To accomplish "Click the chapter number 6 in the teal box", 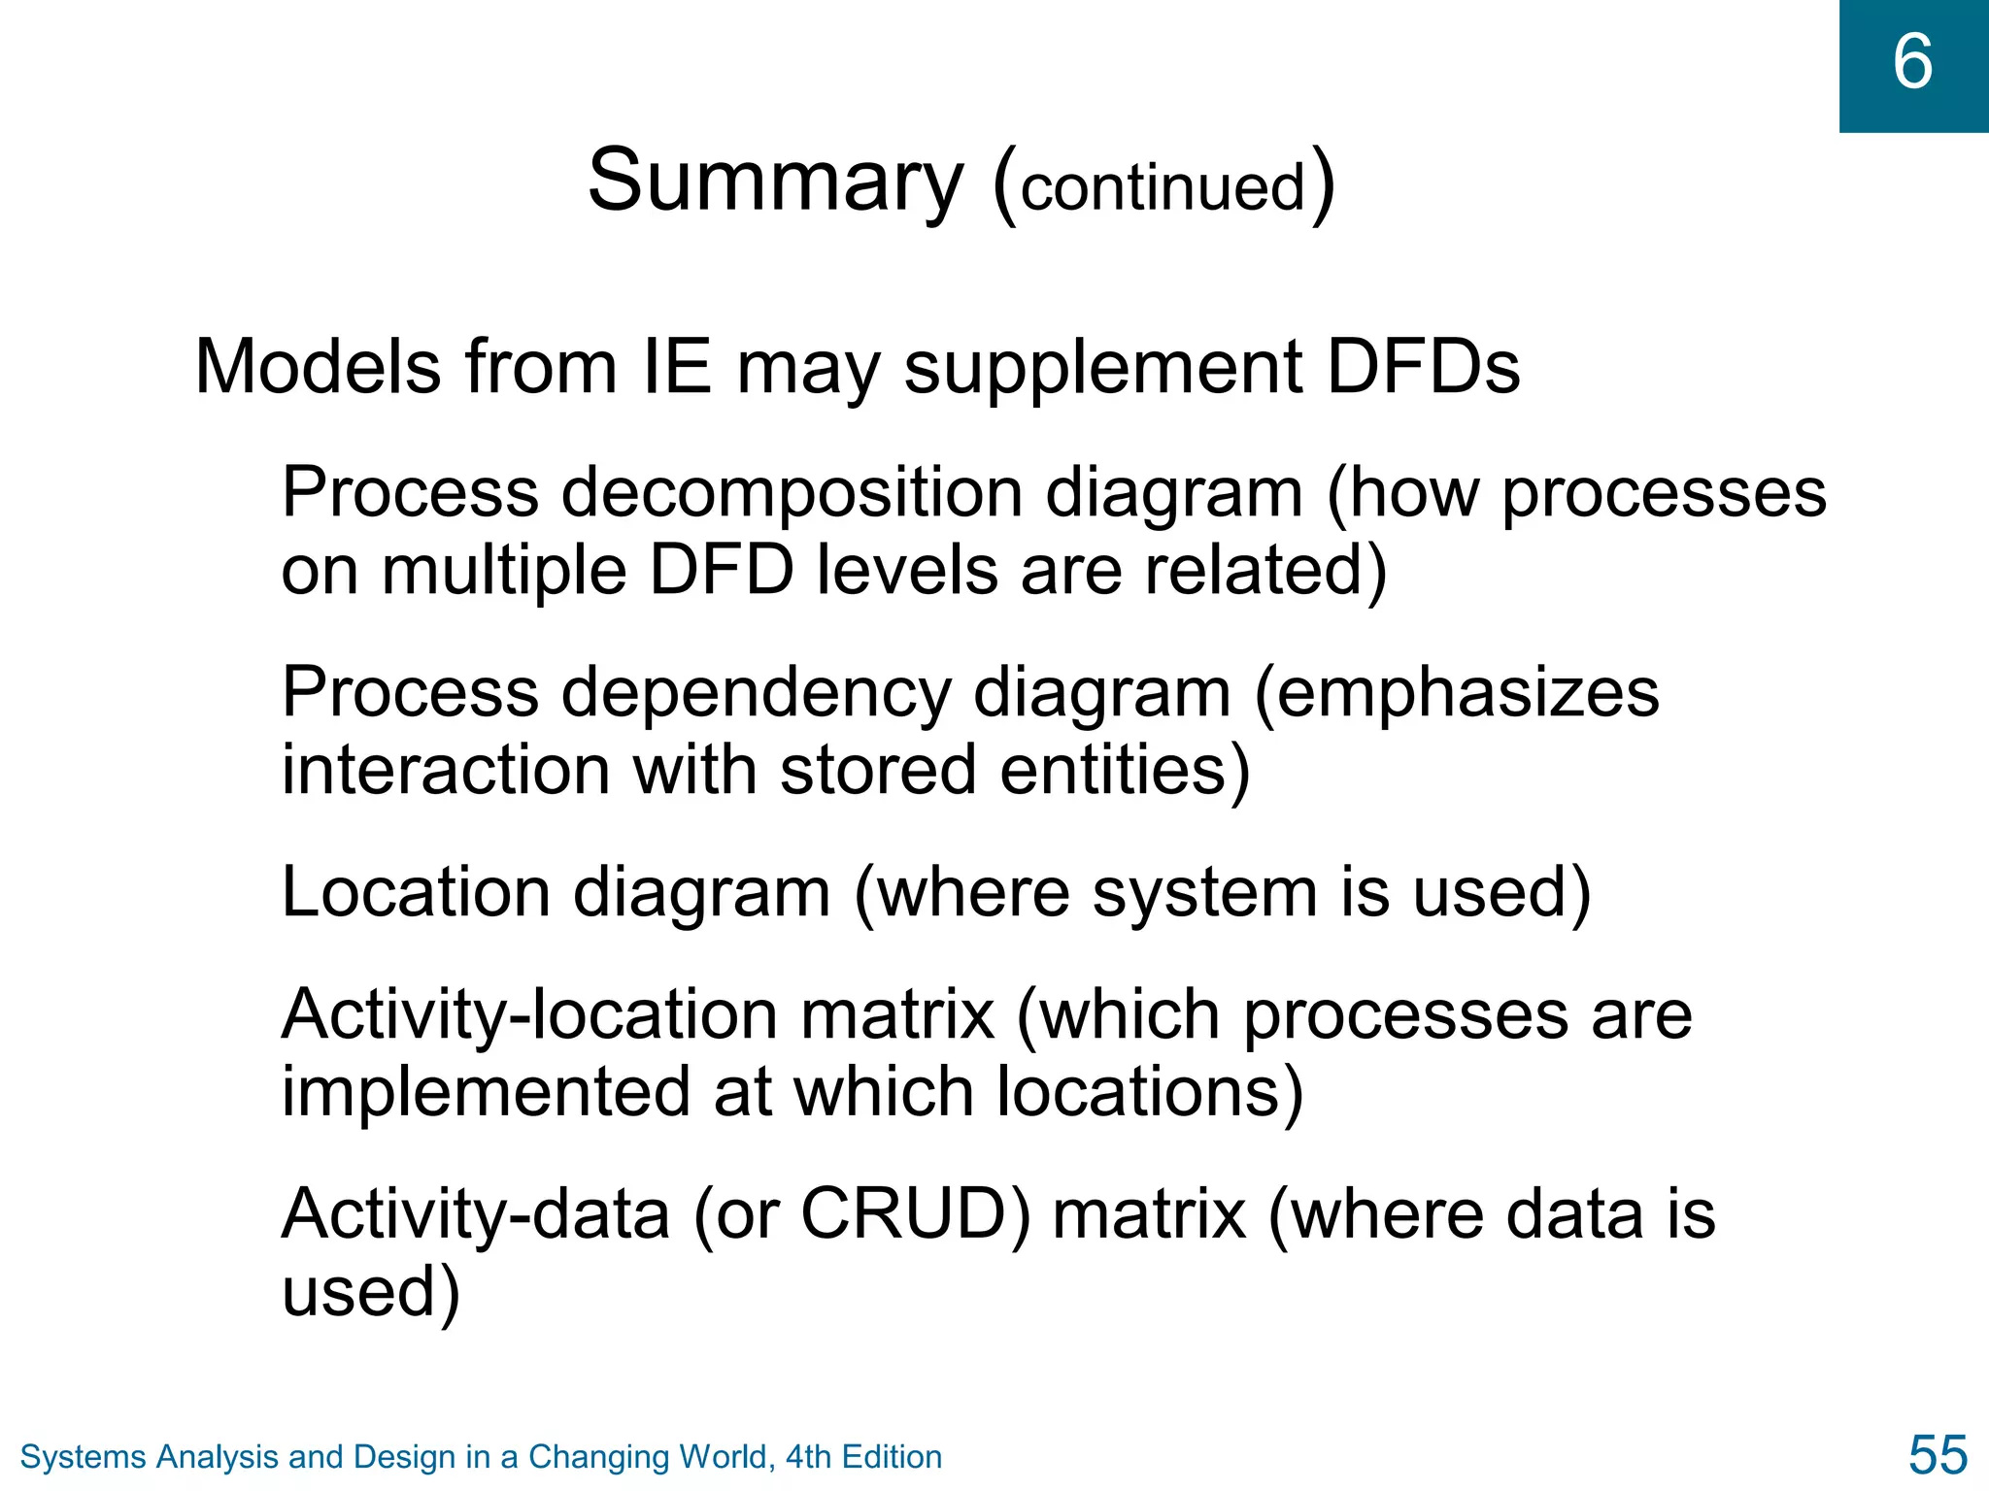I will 1912,62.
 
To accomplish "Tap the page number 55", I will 1938,1454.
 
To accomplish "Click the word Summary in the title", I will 775,181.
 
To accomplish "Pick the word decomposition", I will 792,492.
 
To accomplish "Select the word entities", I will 1125,770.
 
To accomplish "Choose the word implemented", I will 486,1092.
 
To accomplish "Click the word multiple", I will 503,570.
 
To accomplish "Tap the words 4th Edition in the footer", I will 864,1457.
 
